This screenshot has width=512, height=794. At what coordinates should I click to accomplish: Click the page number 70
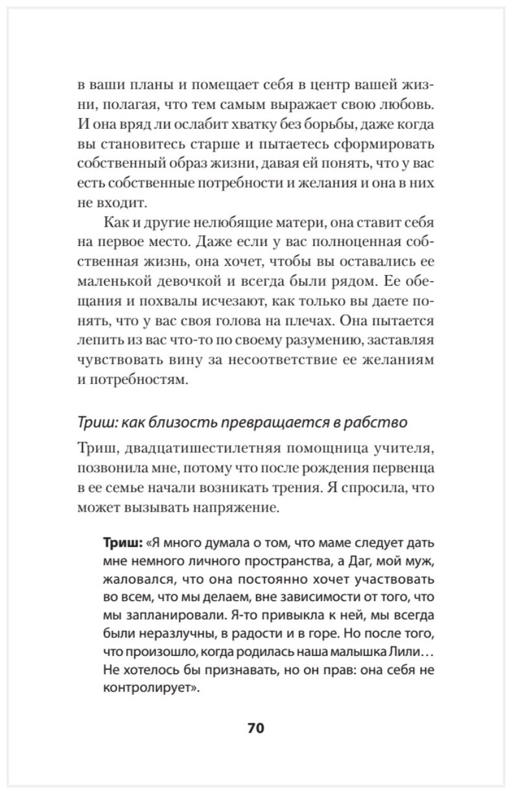[x=255, y=727]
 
